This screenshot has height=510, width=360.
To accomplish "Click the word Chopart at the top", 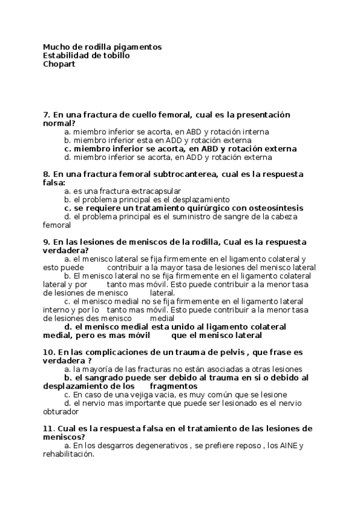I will pos(59,64).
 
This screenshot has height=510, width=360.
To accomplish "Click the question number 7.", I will pos(46,114).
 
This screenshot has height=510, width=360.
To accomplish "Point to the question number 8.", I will pos(46,174).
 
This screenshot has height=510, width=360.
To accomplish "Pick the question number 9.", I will pos(46,242).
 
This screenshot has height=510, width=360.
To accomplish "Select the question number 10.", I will pos(49,352).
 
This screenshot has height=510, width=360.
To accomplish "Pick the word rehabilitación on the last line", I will pos(68,455).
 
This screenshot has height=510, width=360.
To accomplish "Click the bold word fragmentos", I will pos(174,386).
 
